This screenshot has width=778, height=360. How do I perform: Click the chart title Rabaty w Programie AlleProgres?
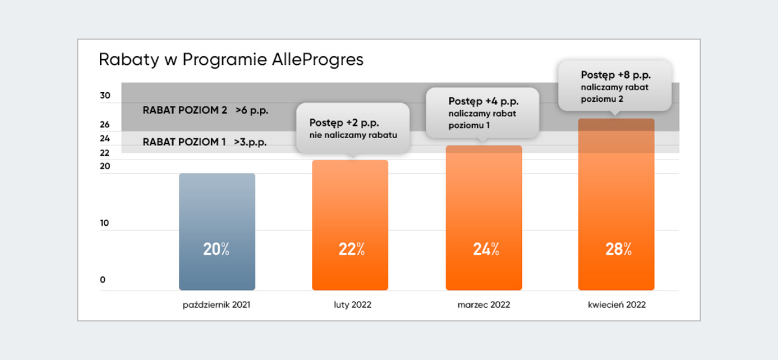point(231,60)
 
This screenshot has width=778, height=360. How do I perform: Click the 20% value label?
point(217,249)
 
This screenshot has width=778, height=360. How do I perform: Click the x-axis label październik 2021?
point(217,304)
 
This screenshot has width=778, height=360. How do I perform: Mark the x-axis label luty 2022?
point(350,304)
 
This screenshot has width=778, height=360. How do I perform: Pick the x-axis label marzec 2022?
point(483,304)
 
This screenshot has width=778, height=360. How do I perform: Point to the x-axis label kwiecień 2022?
point(616,304)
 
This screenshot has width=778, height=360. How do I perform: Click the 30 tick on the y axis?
point(105,96)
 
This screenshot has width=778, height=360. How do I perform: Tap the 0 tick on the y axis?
point(102,280)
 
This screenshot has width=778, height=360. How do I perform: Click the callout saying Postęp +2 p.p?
point(352,128)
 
